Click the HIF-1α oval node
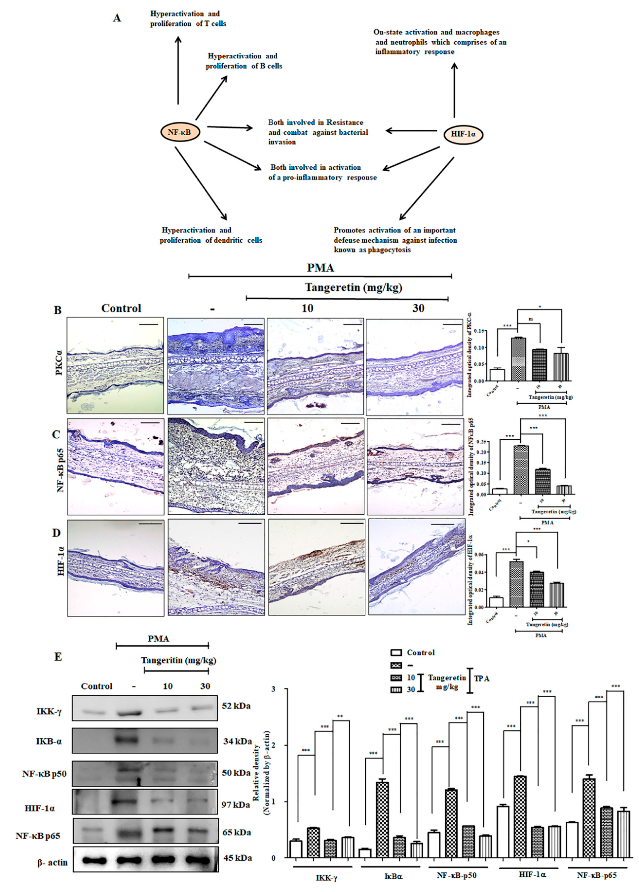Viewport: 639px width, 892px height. tap(463, 134)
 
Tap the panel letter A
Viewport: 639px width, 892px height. tap(117, 18)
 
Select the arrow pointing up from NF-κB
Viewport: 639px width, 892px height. tap(178, 71)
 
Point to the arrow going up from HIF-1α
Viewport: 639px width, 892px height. tap(454, 90)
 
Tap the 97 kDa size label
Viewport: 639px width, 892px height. tap(236, 805)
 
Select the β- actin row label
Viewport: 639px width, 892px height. tap(52, 863)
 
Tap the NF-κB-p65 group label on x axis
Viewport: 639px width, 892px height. tap(596, 875)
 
